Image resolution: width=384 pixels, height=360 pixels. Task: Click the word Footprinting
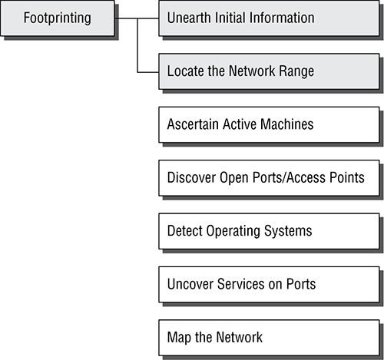58,18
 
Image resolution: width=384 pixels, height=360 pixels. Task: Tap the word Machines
287,124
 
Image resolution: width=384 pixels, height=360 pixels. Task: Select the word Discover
191,177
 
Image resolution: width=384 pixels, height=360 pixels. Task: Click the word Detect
184,230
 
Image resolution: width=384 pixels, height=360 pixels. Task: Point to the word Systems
288,231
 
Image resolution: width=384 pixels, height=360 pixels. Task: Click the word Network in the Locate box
252,71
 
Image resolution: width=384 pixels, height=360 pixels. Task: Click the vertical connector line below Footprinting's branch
137,45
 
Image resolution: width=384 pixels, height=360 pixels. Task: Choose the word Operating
233,231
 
